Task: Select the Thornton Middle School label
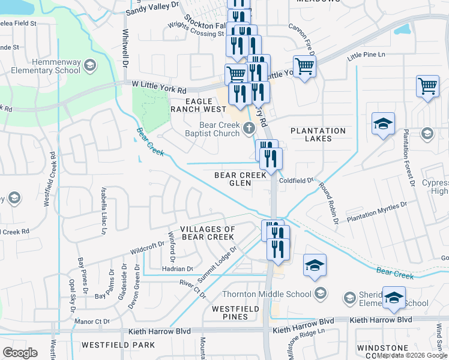pyautogui.click(x=267, y=293)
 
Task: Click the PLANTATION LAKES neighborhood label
pyautogui.click(x=318, y=134)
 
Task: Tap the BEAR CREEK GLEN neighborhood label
pyautogui.click(x=240, y=179)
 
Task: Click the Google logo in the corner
pyautogui.click(x=20, y=352)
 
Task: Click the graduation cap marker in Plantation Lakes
pyautogui.click(x=383, y=124)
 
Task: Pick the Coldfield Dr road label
pyautogui.click(x=296, y=180)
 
